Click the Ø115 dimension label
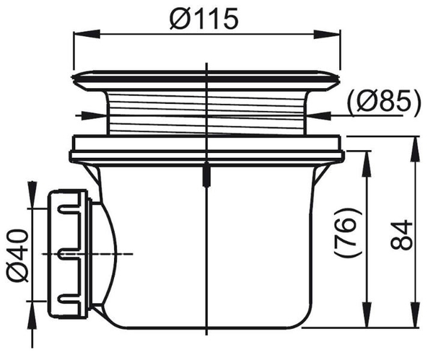tap(204, 18)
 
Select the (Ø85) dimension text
tap(384, 104)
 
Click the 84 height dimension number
tap(401, 235)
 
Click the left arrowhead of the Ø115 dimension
tap(86, 33)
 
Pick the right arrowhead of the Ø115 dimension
tap(327, 33)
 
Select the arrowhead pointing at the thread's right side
tap(318, 116)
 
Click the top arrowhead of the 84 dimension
tap(415, 149)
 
